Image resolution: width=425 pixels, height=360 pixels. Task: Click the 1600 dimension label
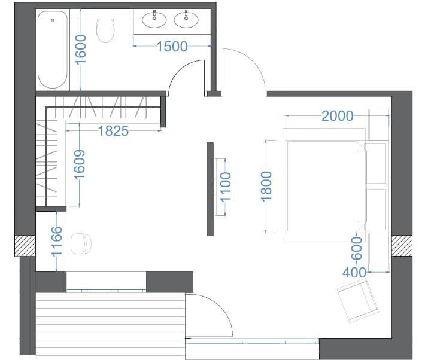(x=80, y=50)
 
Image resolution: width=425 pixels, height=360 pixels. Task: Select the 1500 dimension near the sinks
(x=172, y=46)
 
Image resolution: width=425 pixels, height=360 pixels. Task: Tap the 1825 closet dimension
(x=113, y=131)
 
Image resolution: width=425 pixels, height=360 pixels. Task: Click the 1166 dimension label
(x=57, y=242)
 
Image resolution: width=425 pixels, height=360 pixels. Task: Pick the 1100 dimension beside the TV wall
(x=226, y=187)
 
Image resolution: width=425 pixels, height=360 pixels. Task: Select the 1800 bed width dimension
(x=266, y=187)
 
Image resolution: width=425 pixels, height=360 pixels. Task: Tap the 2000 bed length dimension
(x=338, y=116)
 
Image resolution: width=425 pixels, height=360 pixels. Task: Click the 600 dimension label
(x=356, y=248)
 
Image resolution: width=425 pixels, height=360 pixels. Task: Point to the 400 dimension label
(x=354, y=273)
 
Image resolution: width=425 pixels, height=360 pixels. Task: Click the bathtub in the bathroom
(x=52, y=50)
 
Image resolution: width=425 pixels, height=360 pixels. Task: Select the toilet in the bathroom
(x=105, y=30)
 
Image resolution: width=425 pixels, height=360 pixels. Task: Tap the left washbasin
(x=154, y=20)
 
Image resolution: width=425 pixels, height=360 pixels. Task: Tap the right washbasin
(x=186, y=20)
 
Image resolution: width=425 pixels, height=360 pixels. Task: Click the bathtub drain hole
(x=53, y=20)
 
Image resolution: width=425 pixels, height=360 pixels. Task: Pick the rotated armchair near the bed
(x=357, y=301)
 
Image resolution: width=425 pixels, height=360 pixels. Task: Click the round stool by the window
(x=81, y=244)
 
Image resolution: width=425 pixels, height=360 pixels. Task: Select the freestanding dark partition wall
(x=210, y=189)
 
